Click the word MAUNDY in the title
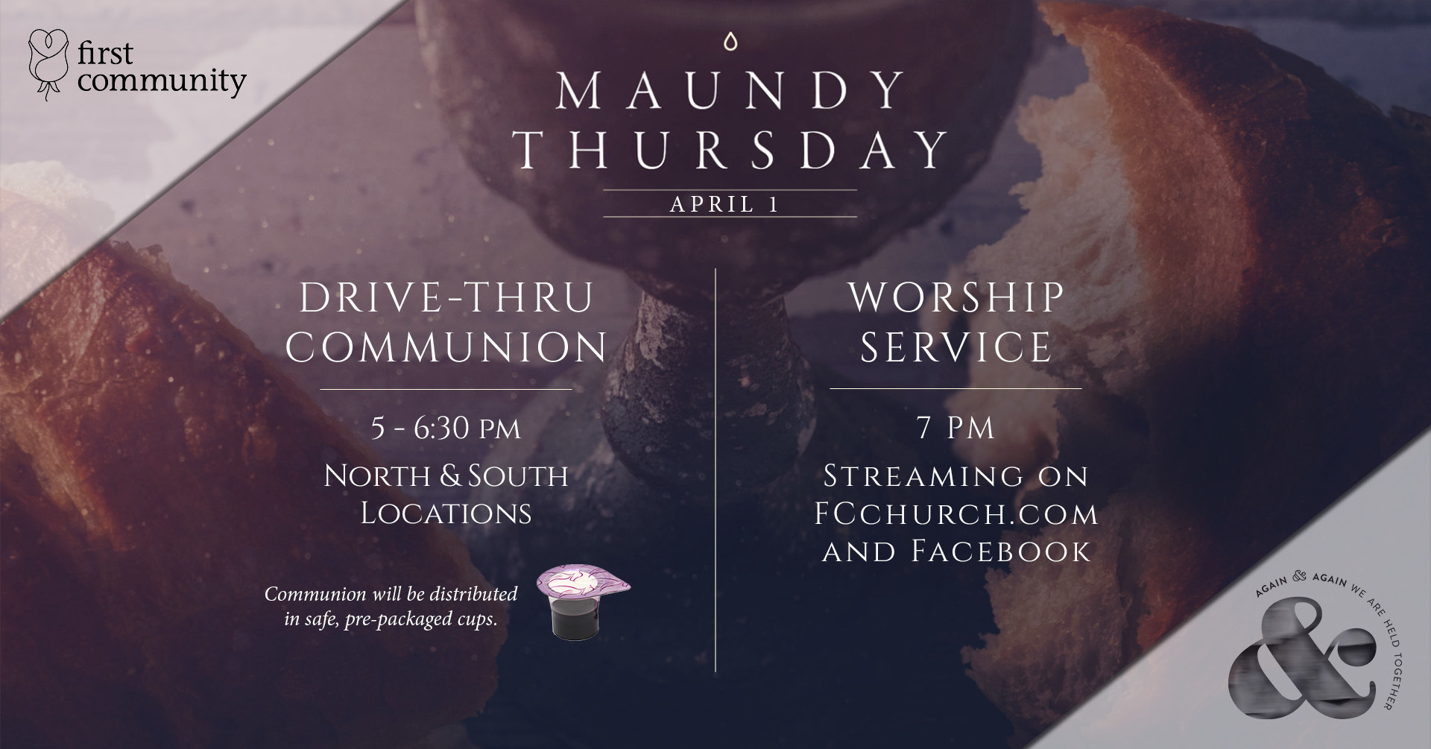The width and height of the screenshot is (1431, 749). tap(730, 91)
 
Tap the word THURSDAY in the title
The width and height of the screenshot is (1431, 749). tap(730, 149)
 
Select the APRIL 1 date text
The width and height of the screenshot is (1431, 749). tap(724, 204)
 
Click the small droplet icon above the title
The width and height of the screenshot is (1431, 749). tap(730, 42)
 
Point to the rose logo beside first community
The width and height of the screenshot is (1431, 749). tap(48, 64)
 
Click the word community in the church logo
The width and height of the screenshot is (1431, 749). tap(161, 80)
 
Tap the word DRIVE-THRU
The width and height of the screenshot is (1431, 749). tap(446, 297)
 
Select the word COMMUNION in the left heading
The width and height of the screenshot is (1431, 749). tap(446, 347)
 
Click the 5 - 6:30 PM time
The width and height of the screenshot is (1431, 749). tap(446, 429)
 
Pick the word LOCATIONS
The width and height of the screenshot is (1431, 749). tap(446, 513)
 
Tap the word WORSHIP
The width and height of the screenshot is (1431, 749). tap(956, 297)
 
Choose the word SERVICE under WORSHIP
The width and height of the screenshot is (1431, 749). tap(955, 347)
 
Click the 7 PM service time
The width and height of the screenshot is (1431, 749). tap(955, 429)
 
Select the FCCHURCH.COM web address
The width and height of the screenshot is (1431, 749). tap(956, 513)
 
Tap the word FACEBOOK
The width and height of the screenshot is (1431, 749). tap(1001, 552)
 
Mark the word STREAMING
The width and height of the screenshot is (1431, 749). tap(923, 476)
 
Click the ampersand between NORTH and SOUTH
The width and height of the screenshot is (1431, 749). tap(450, 475)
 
